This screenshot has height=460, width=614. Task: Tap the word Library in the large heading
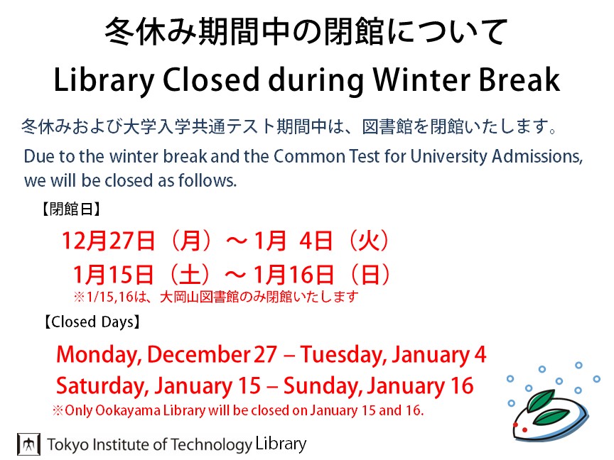click(104, 82)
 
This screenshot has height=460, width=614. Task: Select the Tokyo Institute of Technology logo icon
click(28, 444)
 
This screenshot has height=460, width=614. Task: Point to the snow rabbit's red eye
click(516, 425)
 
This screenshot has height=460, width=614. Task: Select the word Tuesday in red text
click(344, 355)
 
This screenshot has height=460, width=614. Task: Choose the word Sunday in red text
click(324, 386)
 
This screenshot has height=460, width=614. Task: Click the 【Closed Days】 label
click(92, 322)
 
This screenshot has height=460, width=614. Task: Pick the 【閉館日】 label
click(71, 209)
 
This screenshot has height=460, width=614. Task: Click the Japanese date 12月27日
click(109, 241)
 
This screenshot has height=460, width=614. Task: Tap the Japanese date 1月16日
click(294, 274)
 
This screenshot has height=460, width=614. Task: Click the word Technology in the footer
click(211, 446)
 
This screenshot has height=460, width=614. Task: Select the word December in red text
click(199, 354)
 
